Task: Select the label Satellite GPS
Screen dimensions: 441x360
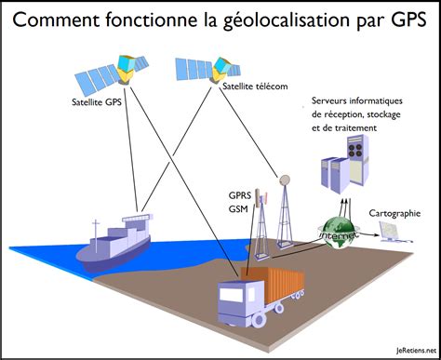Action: (98, 102)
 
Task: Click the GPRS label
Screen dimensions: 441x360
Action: (240, 196)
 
